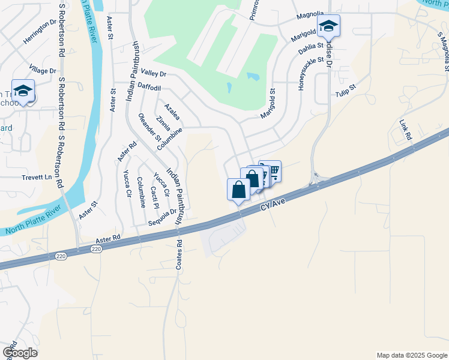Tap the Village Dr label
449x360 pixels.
pos(43,70)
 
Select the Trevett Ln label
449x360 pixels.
pos(38,178)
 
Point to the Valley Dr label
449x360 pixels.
pos(152,74)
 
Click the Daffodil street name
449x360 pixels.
pos(149,88)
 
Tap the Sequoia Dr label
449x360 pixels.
pos(164,212)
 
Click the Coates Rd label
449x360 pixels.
pos(179,255)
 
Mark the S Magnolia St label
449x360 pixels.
pos(443,50)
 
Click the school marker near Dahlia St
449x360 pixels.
pos(328,26)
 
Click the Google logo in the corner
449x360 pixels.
pos(19,353)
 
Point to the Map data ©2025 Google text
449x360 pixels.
pos(412,355)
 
